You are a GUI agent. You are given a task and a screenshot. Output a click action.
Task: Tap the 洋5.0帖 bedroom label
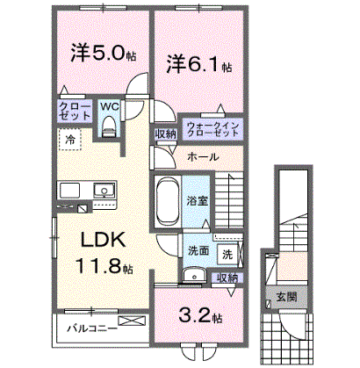tap(104, 54)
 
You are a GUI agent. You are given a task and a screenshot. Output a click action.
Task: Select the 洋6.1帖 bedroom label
tap(199, 64)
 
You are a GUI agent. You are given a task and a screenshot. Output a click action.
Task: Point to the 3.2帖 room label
tap(200, 315)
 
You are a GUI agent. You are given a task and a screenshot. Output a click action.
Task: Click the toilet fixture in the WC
tap(109, 126)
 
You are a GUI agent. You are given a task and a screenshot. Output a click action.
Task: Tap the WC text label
tap(110, 106)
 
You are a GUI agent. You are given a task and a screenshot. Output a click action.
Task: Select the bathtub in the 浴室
tap(167, 201)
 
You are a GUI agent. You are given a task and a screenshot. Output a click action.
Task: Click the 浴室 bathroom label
tap(198, 201)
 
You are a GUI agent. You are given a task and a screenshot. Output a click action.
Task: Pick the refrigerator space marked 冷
tap(69, 140)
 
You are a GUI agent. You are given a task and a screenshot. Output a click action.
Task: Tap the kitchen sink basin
tap(104, 190)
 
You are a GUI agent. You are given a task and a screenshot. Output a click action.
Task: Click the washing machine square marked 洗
tap(227, 255)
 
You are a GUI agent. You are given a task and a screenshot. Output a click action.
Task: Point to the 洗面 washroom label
tap(198, 250)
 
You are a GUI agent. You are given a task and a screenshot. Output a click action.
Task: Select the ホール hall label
tap(203, 157)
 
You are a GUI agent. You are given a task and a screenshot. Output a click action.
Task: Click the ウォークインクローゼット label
tap(213, 129)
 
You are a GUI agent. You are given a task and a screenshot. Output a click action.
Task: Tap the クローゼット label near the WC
tap(75, 111)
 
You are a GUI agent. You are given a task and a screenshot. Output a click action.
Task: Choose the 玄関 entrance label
tap(287, 297)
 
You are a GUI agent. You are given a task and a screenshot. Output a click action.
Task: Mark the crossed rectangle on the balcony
tap(132, 321)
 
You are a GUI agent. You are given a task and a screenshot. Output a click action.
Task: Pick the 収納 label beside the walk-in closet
tap(166, 134)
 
